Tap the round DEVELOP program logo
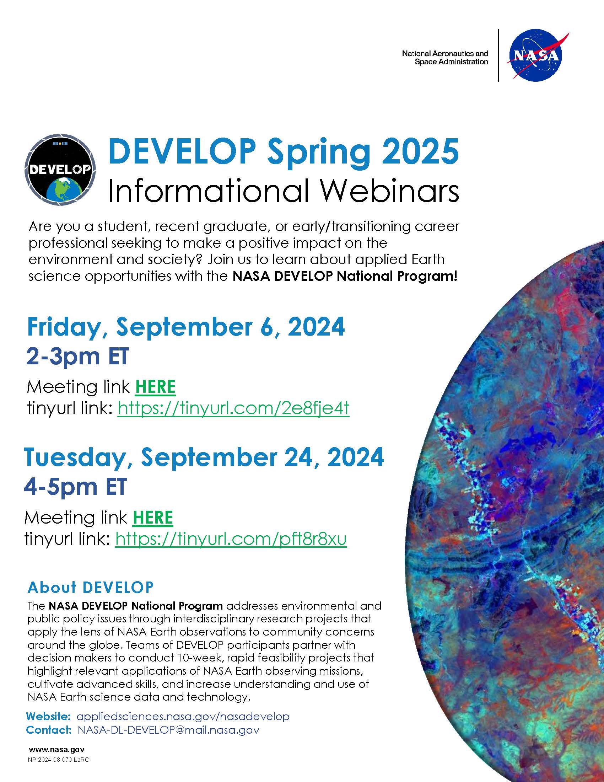pyautogui.click(x=60, y=170)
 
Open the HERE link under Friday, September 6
pyautogui.click(x=155, y=387)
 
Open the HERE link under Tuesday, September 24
pyautogui.click(x=153, y=518)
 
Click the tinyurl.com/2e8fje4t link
pyautogui.click(x=233, y=408)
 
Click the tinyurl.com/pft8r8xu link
pyautogui.click(x=231, y=539)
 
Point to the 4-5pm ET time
pyautogui.click(x=75, y=487)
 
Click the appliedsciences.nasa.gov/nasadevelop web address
pyautogui.click(x=183, y=717)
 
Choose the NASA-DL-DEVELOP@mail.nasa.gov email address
pyautogui.click(x=168, y=730)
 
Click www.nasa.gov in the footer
pyautogui.click(x=56, y=749)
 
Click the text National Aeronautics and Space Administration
pyautogui.click(x=445, y=58)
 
